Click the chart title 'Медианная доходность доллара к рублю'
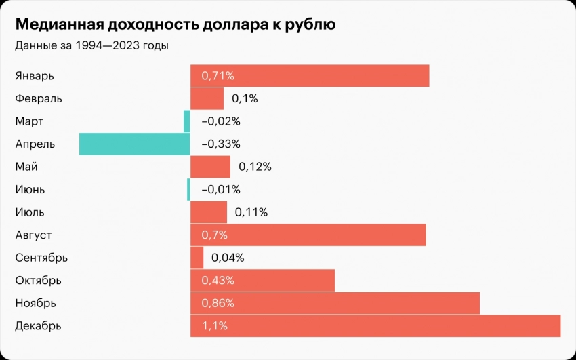[175, 25]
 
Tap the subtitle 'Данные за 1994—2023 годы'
[91, 46]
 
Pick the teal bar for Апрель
[134, 144]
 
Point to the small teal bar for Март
[187, 121]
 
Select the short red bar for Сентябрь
[197, 258]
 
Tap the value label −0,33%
[221, 144]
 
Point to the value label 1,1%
[214, 326]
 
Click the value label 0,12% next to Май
[255, 167]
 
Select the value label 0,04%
[228, 258]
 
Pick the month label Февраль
[39, 99]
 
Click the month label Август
[34, 235]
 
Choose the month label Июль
[30, 212]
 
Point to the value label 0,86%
[218, 303]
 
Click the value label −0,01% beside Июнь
[221, 190]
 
